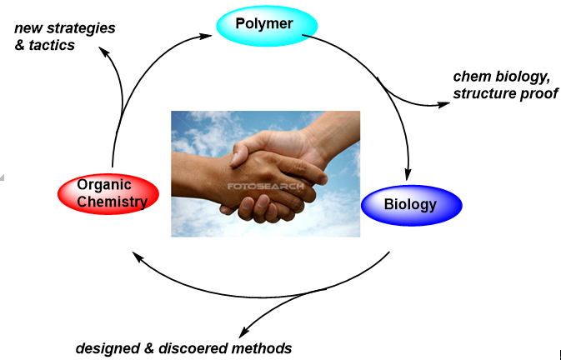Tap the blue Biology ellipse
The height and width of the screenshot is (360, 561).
pyautogui.click(x=410, y=203)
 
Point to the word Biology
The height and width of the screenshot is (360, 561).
pyautogui.click(x=410, y=204)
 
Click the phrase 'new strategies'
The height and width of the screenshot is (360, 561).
pyautogui.click(x=65, y=28)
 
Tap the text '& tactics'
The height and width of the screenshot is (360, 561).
pyautogui.click(x=45, y=45)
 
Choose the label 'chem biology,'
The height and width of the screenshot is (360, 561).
pyautogui.click(x=501, y=77)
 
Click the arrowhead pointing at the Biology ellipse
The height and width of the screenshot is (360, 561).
pyautogui.click(x=408, y=174)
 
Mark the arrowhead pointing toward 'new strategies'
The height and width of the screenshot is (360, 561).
pyautogui.click(x=103, y=49)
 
